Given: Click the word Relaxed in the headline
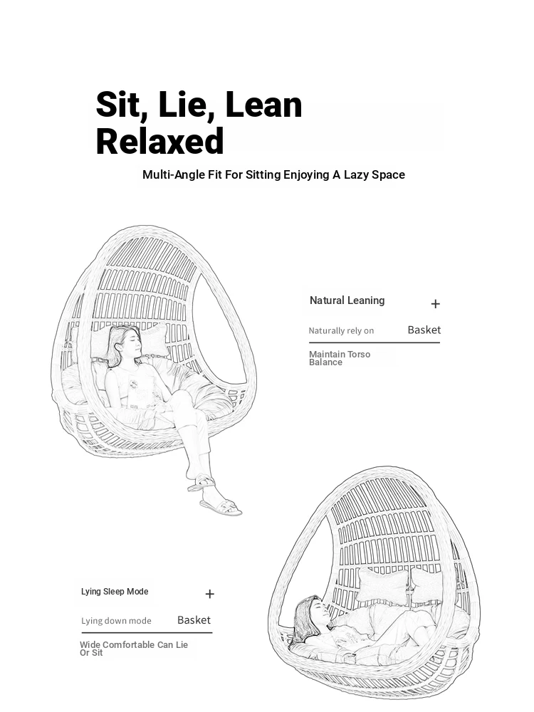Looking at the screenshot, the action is pos(159,141).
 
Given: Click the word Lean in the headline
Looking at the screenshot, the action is pos(263,105).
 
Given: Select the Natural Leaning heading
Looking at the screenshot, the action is pos(347,300).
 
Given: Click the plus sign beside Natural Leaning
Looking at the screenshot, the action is pos(436,304).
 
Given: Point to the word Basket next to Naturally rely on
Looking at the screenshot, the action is pos(424,330).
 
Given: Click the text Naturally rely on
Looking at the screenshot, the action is pos(341,330).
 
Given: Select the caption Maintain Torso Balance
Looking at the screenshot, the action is pos(340,358).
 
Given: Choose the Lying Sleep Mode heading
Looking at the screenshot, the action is pos(115,592).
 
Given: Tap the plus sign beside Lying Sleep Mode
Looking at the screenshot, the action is pos(210,594).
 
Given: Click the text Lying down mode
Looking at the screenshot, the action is pos(116,621).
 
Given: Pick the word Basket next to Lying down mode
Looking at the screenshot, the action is pos(194,620).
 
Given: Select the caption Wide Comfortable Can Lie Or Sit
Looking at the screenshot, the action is pos(134,649).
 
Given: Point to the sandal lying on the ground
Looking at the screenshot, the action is pos(221,506).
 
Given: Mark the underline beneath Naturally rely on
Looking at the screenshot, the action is pos(375,342).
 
